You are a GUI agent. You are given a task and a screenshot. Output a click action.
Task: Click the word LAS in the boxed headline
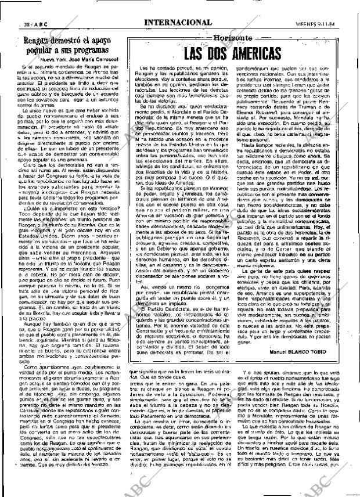[189, 54]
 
